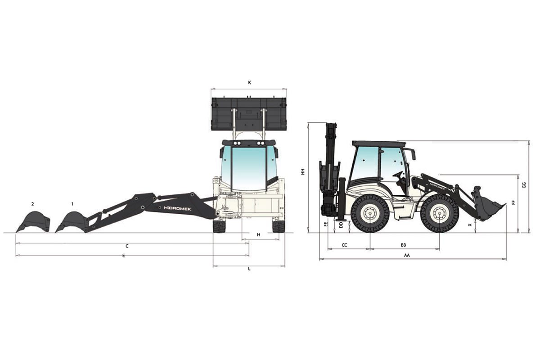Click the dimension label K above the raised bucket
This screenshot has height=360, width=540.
[x=249, y=82]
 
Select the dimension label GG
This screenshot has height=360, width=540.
[x=523, y=185]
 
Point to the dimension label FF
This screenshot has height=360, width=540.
[x=513, y=202]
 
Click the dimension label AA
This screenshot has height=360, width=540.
[x=407, y=255]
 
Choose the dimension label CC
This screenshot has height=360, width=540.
[x=345, y=245]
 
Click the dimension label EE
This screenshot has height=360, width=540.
[x=326, y=224]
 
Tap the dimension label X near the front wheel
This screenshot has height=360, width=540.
[x=470, y=224]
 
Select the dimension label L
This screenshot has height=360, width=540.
[x=249, y=269]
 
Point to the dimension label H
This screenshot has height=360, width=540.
[x=258, y=235]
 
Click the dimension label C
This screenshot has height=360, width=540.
[x=127, y=246]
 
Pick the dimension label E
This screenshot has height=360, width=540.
[x=123, y=256]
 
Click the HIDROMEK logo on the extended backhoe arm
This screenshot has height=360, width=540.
[x=178, y=208]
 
